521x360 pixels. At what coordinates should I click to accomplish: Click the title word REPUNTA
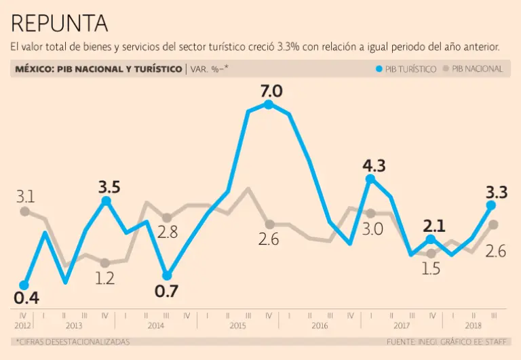(59, 23)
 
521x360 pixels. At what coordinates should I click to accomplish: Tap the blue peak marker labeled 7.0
(269, 104)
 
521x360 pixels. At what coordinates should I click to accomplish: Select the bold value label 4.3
(374, 165)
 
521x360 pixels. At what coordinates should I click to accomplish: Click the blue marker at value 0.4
(24, 285)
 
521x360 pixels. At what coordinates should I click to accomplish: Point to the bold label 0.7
(166, 292)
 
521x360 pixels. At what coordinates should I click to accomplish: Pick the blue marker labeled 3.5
(106, 201)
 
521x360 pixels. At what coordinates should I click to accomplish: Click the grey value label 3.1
(25, 197)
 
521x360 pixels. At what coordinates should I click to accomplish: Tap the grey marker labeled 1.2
(105, 262)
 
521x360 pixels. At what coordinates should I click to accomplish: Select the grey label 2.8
(167, 232)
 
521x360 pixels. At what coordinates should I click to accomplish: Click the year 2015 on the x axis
(238, 326)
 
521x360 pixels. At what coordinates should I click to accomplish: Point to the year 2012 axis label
(24, 326)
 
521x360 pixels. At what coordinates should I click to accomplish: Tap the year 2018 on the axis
(473, 326)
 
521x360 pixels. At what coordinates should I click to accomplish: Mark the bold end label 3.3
(497, 192)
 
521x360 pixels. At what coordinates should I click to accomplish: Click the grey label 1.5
(431, 268)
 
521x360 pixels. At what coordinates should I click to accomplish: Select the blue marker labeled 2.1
(431, 239)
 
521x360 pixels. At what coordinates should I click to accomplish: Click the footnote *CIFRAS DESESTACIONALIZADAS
(73, 342)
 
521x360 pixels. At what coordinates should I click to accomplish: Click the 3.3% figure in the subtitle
(289, 47)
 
